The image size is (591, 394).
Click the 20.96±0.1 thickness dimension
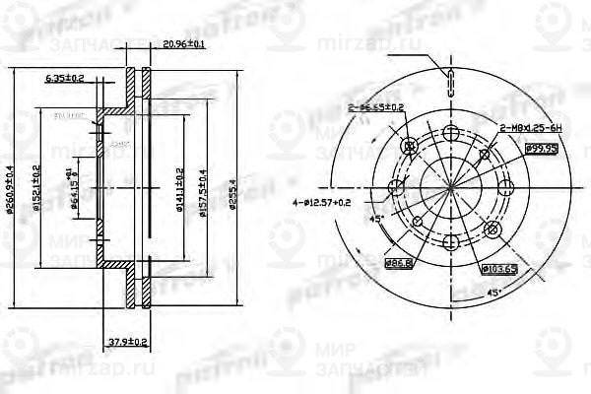tap(184, 44)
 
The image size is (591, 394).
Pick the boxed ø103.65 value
tap(499, 268)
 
